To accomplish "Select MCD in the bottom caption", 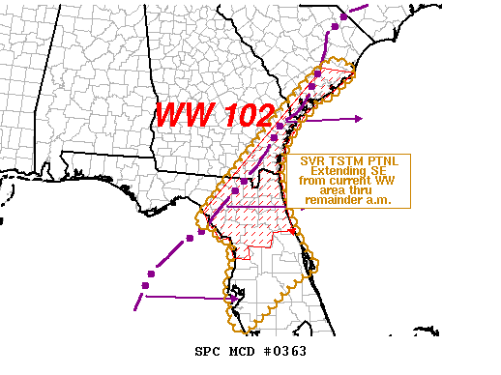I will pyautogui.click(x=242, y=350).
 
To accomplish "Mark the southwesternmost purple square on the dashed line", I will pyautogui.click(x=146, y=285).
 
